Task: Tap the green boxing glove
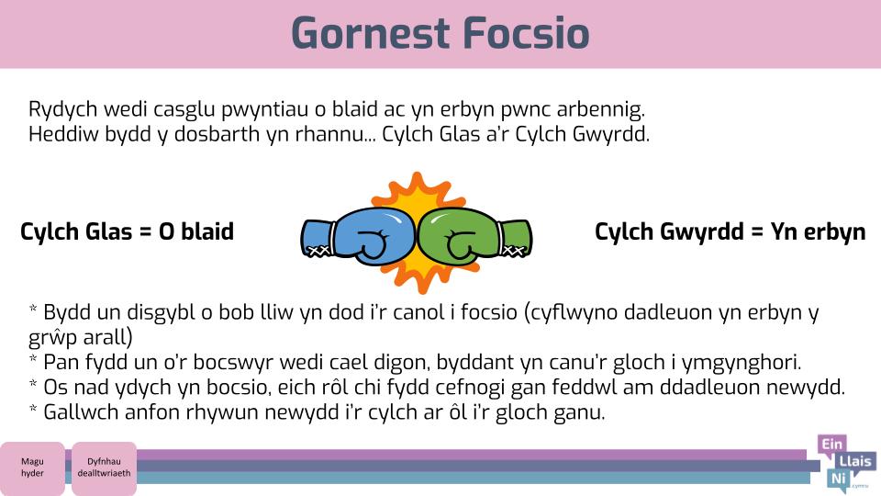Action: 475,237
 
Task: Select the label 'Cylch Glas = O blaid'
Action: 127,231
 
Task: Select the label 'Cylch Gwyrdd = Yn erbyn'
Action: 730,231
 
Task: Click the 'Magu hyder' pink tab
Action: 32,468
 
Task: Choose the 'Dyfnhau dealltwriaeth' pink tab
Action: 104,468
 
